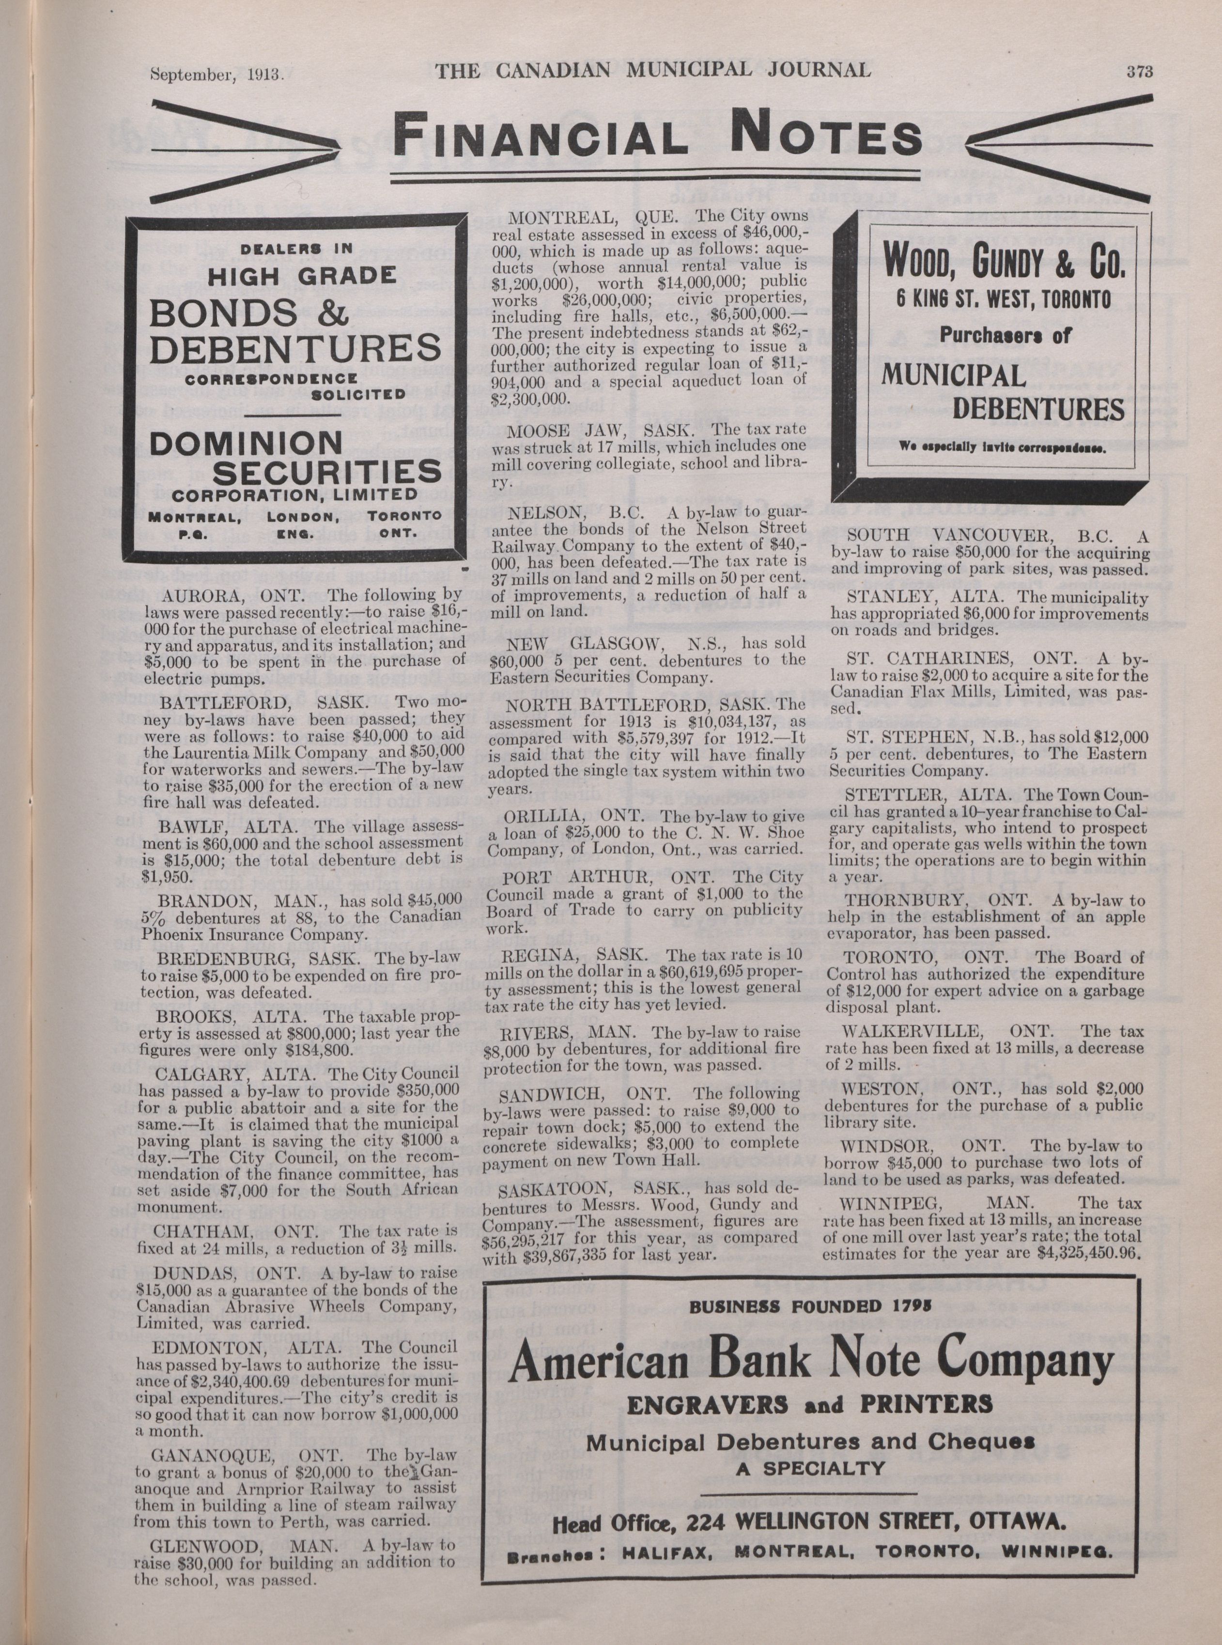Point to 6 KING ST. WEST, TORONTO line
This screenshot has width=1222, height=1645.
coord(1003,299)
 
